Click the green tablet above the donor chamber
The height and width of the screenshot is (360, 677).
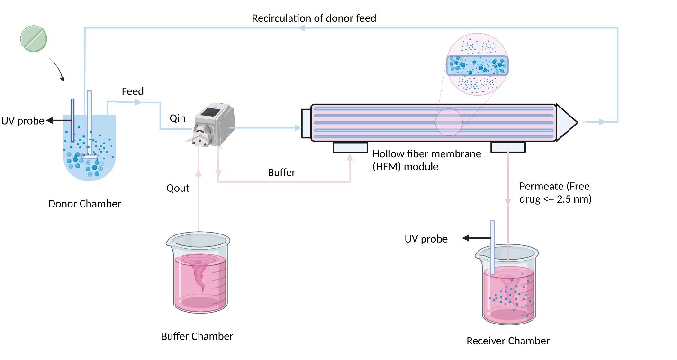34,38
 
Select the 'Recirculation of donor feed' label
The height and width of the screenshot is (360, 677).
314,18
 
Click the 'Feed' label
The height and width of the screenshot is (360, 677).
133,91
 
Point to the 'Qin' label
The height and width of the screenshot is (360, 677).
177,118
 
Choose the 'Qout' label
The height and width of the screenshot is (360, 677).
178,188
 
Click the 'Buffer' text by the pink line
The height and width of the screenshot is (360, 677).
281,172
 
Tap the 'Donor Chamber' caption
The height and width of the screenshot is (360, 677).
85,204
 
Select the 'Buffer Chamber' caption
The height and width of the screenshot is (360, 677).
197,336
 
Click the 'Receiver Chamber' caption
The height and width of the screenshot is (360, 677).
508,341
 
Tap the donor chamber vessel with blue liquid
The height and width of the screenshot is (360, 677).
90,152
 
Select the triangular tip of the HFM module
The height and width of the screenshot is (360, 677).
566,122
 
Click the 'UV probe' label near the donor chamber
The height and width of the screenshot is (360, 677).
22,121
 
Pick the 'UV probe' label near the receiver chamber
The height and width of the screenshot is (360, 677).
425,239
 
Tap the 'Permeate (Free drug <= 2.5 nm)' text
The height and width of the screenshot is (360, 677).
555,193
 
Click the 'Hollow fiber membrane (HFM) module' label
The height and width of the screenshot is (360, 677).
426,160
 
